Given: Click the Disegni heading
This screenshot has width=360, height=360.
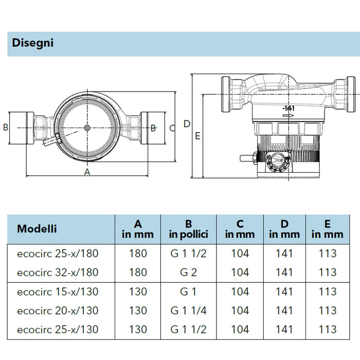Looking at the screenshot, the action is pos(32,43).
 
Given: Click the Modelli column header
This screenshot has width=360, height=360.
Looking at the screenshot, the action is pos(37,229).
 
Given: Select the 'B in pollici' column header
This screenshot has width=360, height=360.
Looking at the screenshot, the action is pos(189,229).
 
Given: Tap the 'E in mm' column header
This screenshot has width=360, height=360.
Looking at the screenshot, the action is pos(328,229).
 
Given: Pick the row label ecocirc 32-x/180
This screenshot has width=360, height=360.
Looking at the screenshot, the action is pos(58,273).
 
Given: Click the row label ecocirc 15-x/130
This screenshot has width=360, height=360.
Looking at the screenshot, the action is pos(58,292).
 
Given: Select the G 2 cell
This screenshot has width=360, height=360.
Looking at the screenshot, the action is pos(189,273).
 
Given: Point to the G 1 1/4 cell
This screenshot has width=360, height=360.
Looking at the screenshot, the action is pos(189,311).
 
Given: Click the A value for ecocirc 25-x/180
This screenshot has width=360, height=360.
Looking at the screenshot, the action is pos(138,254).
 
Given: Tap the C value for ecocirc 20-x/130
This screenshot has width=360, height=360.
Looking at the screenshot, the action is pos(240,311).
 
